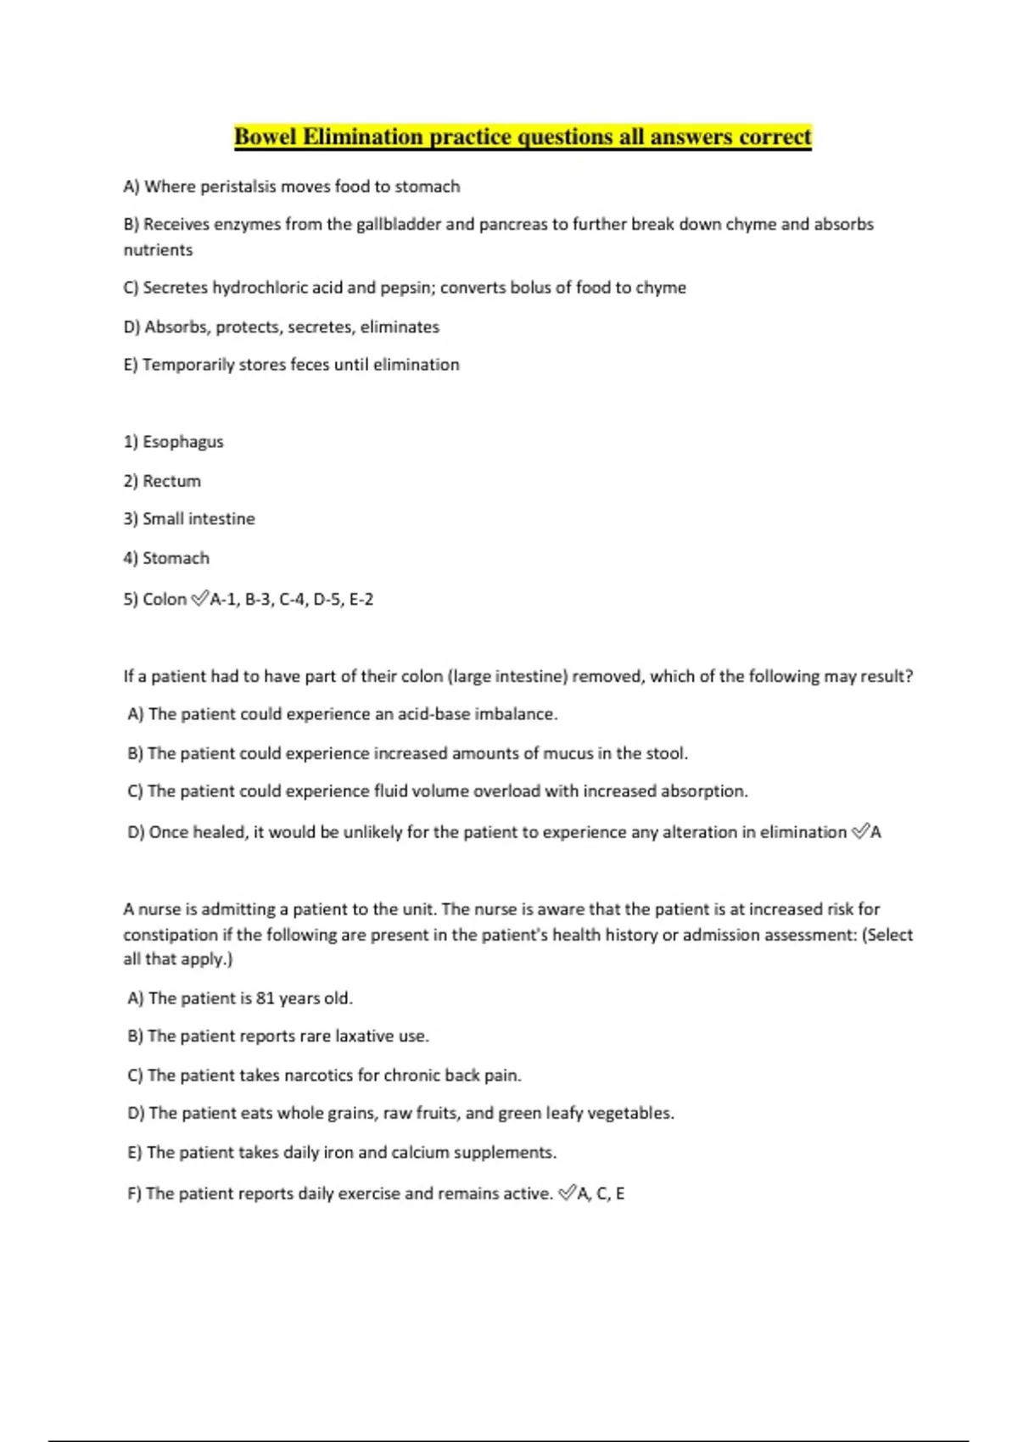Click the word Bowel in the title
click(266, 137)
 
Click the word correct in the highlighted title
click(775, 137)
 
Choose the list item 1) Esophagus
click(174, 442)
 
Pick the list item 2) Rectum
click(163, 481)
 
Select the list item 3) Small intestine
click(189, 519)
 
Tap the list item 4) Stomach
click(166, 558)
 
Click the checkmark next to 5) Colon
click(199, 600)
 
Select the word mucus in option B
click(568, 753)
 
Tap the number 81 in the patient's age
click(266, 998)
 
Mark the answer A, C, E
click(601, 1194)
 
